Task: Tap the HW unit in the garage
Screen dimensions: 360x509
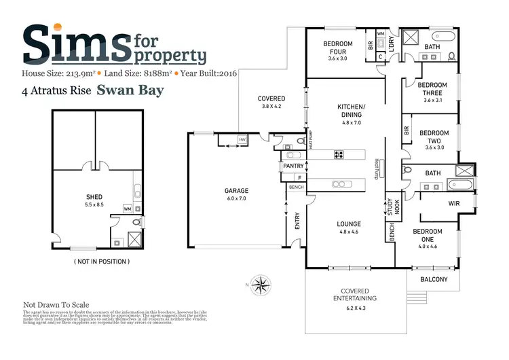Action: coord(241,140)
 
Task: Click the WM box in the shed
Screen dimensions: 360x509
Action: coord(127,209)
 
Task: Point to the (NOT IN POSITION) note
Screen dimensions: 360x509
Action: coord(101,262)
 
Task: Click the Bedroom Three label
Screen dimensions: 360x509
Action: coord(432,89)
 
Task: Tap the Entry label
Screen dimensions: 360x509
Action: coord(297,221)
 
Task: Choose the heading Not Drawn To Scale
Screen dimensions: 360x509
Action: coord(56,306)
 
